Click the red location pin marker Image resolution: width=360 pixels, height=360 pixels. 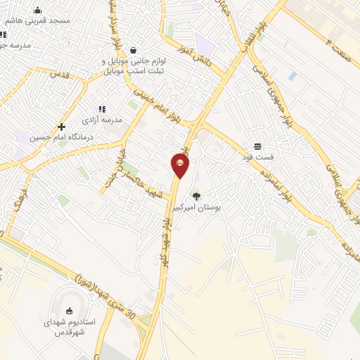[181, 165]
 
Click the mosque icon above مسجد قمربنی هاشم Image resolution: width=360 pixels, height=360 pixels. [37, 10]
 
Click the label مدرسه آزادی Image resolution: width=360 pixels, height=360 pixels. [102, 120]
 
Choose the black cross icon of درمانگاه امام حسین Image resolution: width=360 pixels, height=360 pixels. [62, 127]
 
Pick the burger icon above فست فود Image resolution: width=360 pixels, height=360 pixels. [259, 146]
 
